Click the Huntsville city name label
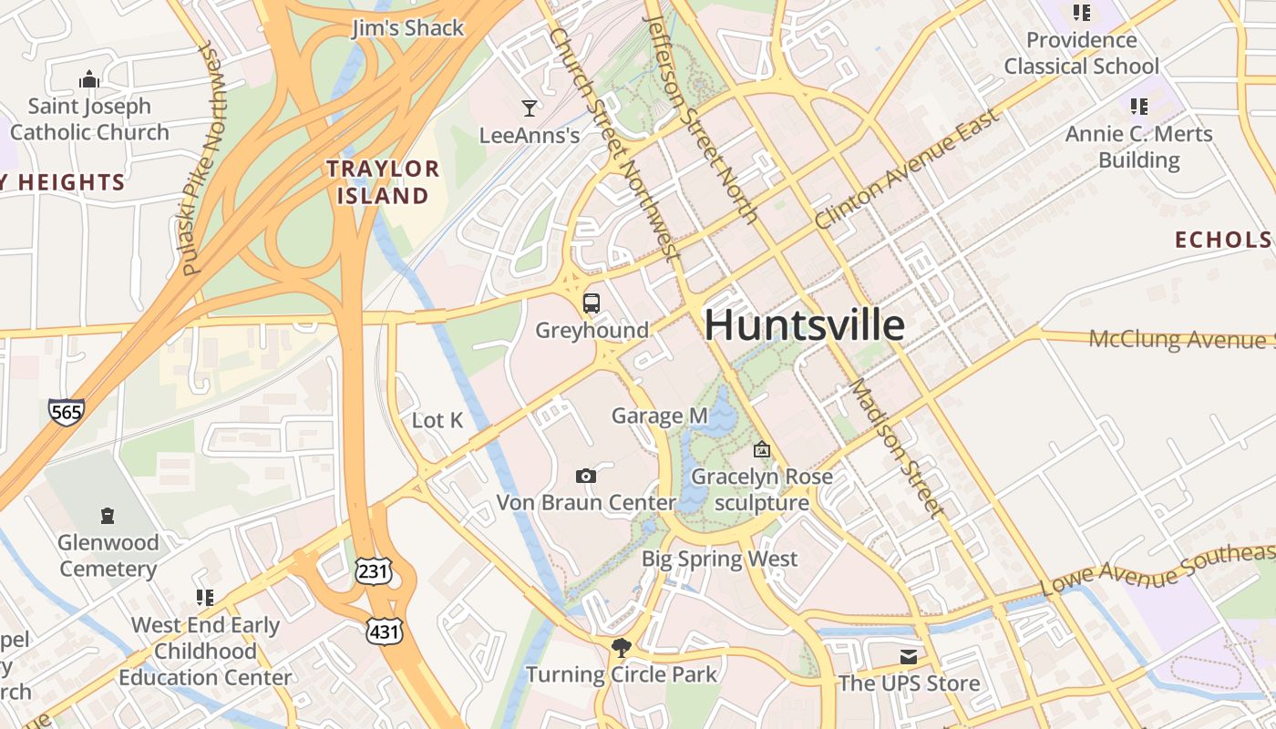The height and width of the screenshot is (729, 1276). (x=805, y=325)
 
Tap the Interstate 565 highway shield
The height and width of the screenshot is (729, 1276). (x=67, y=411)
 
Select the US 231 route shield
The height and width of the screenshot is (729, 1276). (x=374, y=571)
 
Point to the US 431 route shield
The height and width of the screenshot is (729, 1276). (x=384, y=631)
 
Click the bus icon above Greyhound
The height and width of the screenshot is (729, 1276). (x=592, y=303)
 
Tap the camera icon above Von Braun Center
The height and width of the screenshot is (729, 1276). (x=586, y=476)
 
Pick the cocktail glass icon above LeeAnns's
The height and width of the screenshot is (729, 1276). (x=529, y=108)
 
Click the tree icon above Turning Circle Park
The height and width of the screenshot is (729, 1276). (x=622, y=647)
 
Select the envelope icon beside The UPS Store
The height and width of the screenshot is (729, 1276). (x=908, y=656)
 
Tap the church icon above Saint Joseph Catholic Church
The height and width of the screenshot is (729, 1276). (x=89, y=79)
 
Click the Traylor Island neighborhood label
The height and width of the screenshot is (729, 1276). (x=383, y=181)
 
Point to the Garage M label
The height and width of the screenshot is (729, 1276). (x=659, y=416)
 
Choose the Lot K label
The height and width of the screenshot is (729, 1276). (x=437, y=420)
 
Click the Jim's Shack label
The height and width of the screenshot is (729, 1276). (x=408, y=28)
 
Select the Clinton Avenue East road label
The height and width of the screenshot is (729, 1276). (x=907, y=169)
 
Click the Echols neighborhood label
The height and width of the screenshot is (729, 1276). (x=1222, y=240)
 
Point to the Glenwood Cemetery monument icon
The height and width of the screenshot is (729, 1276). (x=108, y=516)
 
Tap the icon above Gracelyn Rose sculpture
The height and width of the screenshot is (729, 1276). (x=761, y=449)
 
